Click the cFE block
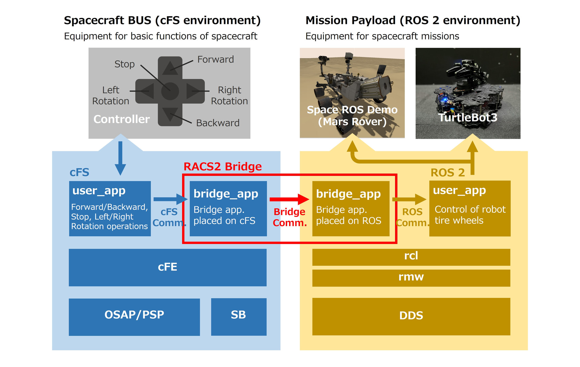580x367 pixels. [168, 267]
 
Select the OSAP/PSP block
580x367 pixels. [134, 317]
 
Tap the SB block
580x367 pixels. [239, 317]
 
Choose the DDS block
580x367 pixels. [411, 316]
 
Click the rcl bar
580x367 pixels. [411, 257]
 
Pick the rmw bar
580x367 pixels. [411, 278]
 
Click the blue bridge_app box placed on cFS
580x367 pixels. [228, 208]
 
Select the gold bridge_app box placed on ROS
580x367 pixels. [351, 208]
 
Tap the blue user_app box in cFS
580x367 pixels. [110, 208]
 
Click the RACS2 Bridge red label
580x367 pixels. [223, 167]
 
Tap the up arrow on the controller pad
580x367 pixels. [170, 68]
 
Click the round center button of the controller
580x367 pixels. [170, 91]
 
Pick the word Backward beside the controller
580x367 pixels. [217, 123]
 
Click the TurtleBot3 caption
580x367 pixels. [468, 117]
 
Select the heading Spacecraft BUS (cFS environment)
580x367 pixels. [162, 21]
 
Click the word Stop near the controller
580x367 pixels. [124, 64]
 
